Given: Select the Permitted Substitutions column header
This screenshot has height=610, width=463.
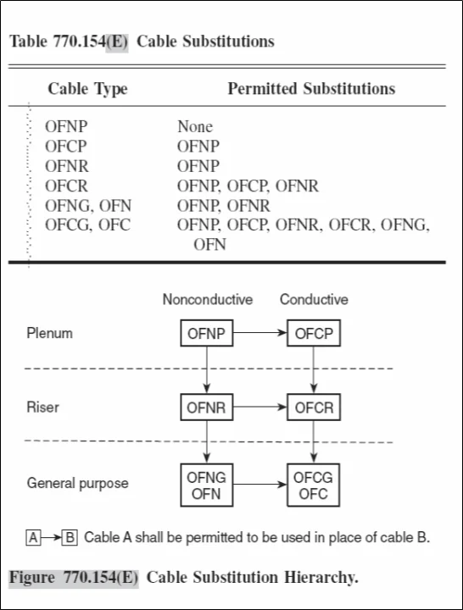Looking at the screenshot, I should pyautogui.click(x=310, y=89).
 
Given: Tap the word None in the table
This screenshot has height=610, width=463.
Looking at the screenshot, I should pyautogui.click(x=195, y=127).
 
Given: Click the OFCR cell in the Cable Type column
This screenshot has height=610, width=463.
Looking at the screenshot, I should pyautogui.click(x=66, y=186).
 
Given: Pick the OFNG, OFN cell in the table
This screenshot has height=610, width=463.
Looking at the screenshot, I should pyautogui.click(x=88, y=205).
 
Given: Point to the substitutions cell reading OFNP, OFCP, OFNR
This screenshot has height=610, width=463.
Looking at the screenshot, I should pyautogui.click(x=248, y=186).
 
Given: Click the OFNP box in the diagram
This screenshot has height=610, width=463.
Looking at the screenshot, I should pyautogui.click(x=206, y=334).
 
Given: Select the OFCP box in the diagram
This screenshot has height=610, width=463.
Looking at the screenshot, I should pyautogui.click(x=314, y=334).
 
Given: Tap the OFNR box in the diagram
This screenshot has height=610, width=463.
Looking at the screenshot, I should pyautogui.click(x=206, y=408).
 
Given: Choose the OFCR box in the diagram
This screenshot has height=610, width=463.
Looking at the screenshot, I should pyautogui.click(x=314, y=408).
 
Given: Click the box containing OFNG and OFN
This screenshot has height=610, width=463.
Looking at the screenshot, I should pyautogui.click(x=206, y=485).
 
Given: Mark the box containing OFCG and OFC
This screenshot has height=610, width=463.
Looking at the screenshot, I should pyautogui.click(x=314, y=485).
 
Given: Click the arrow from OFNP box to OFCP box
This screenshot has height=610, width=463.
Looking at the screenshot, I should pyautogui.click(x=259, y=334).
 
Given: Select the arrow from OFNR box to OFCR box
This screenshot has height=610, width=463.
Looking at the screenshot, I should pyautogui.click(x=259, y=408).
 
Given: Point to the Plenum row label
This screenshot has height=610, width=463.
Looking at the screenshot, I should pyautogui.click(x=49, y=333).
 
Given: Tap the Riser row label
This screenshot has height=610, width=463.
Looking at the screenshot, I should pyautogui.click(x=43, y=408).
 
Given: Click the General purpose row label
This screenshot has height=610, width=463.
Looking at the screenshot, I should pyautogui.click(x=78, y=484).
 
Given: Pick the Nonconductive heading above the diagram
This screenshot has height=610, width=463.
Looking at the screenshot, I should pyautogui.click(x=208, y=300).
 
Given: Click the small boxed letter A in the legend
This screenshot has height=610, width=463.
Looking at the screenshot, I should pyautogui.click(x=34, y=537).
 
